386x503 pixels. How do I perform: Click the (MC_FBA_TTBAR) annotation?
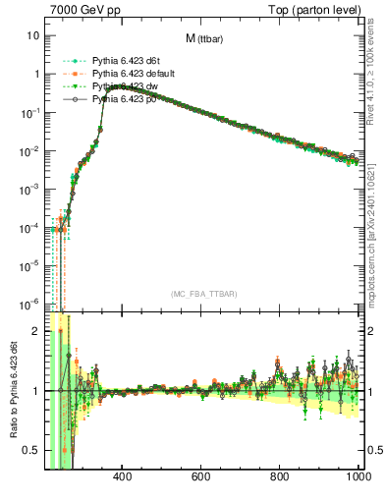click(203, 294)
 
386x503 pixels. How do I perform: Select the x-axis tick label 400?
click(123, 478)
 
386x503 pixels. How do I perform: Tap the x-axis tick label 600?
click(201, 478)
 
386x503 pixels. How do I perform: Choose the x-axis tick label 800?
click(280, 478)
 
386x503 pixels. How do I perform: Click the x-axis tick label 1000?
click(357, 478)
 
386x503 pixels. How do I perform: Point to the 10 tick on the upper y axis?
click(33, 35)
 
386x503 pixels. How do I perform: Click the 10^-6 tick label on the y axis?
click(29, 303)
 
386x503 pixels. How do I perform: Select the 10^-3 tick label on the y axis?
click(29, 189)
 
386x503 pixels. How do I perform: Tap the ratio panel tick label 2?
click(35, 331)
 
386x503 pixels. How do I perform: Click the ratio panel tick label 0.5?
click(31, 450)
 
